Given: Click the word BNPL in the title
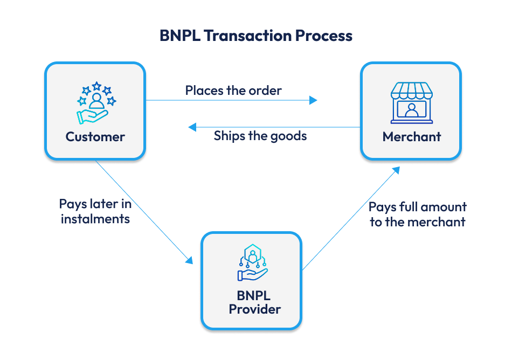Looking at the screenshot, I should (x=180, y=36).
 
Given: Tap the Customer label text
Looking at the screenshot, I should (x=95, y=137).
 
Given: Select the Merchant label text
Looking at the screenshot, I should (x=412, y=137).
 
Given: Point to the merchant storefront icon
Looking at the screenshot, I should (x=411, y=103).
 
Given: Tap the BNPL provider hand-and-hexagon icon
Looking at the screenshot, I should (x=252, y=263).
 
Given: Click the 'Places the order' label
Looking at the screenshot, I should (x=233, y=90).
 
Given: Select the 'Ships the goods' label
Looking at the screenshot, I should (x=260, y=136).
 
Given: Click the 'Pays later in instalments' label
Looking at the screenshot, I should (x=95, y=211).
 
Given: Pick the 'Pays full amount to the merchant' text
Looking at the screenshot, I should (x=418, y=214).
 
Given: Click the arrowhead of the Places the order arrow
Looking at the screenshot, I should (x=313, y=100).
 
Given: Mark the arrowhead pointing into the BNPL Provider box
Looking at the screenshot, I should (x=189, y=260).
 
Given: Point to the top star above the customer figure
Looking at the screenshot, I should (x=96, y=85).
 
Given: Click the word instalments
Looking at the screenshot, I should (x=95, y=219).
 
